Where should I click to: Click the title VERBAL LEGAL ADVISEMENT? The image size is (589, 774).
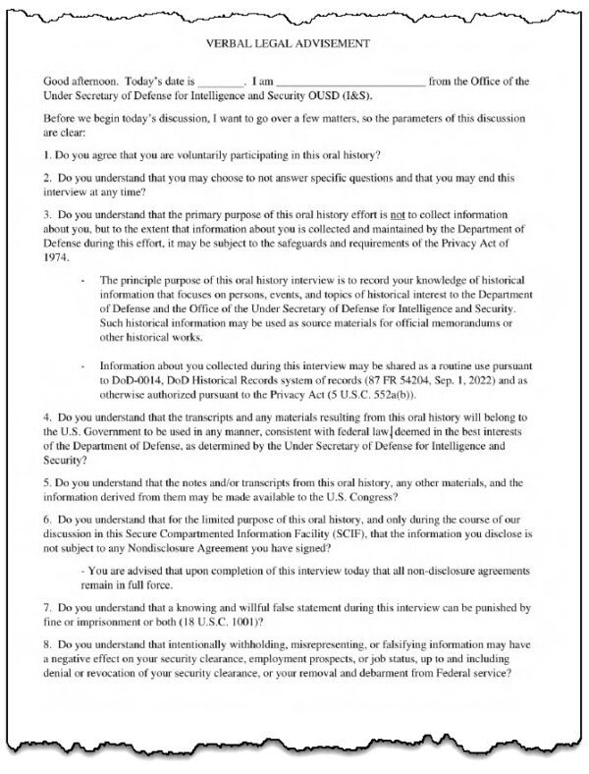click(294, 43)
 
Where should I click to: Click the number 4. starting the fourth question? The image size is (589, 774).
click(49, 416)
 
